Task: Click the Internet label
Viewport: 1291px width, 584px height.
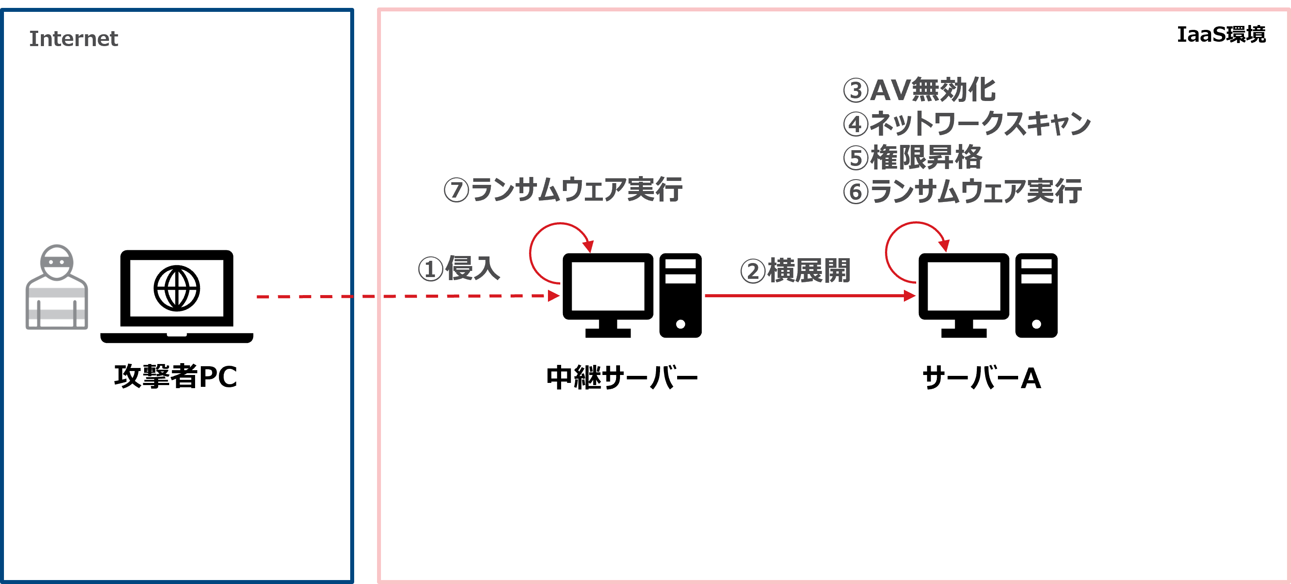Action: click(x=73, y=39)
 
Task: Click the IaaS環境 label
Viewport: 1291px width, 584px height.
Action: click(x=1221, y=35)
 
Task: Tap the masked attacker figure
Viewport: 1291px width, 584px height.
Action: click(x=57, y=288)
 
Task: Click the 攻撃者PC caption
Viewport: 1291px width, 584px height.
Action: click(x=175, y=377)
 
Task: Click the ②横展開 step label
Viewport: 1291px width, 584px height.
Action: click(x=795, y=271)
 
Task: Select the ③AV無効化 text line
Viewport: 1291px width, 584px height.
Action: click(x=919, y=90)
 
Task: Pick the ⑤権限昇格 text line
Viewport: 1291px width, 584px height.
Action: click(x=912, y=157)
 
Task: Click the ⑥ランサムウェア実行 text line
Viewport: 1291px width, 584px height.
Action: click(x=962, y=191)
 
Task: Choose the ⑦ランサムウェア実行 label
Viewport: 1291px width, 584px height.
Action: click(x=563, y=190)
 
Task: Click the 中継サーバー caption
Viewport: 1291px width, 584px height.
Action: click(x=622, y=378)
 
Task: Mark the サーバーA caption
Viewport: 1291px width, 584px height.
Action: click(x=981, y=378)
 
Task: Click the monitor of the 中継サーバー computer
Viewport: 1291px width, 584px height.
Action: click(x=608, y=287)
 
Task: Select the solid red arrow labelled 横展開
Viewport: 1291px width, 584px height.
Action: click(x=809, y=296)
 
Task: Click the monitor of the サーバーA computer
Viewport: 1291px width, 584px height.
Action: click(x=963, y=287)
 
